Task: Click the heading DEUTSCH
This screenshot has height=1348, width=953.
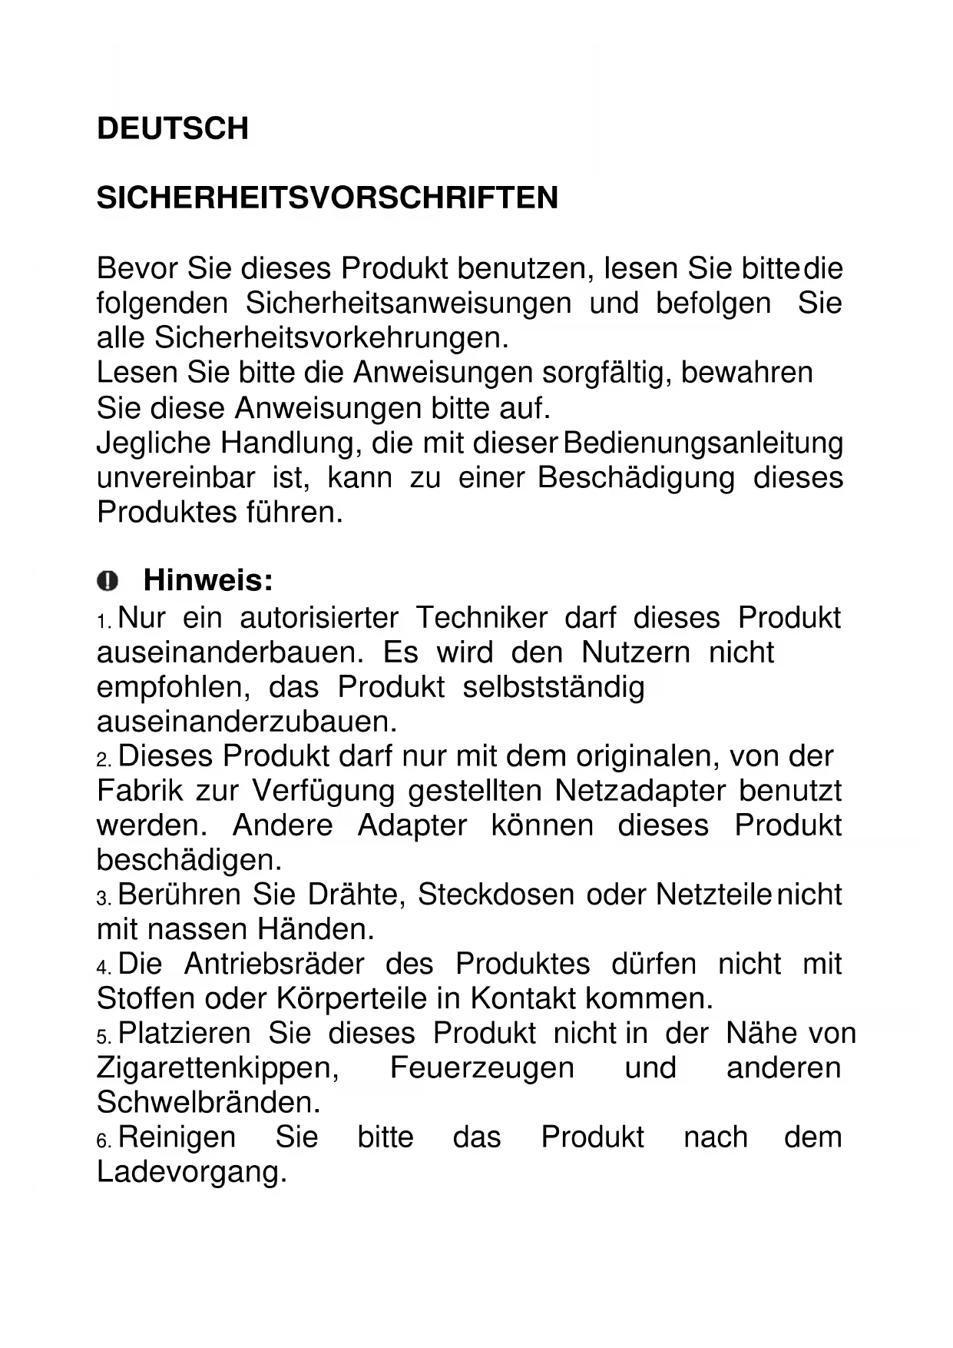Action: point(173,128)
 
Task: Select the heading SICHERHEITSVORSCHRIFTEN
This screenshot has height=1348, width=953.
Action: point(327,198)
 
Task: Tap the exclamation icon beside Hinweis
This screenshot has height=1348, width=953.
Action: point(108,580)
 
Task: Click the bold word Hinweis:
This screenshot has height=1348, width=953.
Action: point(208,580)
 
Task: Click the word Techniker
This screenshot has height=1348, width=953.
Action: point(481,618)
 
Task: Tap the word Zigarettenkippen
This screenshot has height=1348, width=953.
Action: point(217,1068)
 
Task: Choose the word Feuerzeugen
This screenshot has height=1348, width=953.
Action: point(481,1068)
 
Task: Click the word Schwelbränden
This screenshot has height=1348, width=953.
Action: point(207,1103)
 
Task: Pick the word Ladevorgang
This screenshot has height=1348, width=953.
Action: point(190,1173)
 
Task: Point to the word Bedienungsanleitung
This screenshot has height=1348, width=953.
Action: point(703,443)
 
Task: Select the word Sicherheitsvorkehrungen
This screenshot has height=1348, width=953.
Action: point(331,338)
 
